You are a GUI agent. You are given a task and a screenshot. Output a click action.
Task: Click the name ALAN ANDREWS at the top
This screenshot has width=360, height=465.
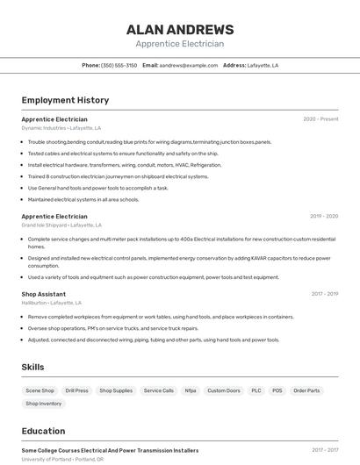[180, 29]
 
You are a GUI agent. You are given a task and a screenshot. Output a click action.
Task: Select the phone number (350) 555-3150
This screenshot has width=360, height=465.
[119, 65]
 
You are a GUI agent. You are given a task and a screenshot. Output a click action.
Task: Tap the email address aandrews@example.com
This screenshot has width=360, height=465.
[188, 65]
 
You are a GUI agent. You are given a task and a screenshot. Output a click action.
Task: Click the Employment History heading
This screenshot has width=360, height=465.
[65, 100]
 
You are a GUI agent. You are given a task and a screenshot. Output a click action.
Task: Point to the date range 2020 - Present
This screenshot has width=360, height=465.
[320, 119]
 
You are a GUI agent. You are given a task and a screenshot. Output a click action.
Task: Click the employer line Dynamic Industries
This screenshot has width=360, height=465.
[61, 128]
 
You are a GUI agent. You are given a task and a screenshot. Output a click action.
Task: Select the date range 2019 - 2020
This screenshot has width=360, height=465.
[323, 216]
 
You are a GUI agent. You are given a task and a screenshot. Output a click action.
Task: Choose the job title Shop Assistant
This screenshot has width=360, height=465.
[44, 294]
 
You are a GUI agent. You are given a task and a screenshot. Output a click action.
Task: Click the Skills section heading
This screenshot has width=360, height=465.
[32, 367]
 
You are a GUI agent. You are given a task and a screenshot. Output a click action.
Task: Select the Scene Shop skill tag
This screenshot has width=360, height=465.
[40, 390]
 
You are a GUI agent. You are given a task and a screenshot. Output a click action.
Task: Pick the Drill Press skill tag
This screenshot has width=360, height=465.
[76, 390]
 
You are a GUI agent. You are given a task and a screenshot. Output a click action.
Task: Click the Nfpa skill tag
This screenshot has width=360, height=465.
[191, 390]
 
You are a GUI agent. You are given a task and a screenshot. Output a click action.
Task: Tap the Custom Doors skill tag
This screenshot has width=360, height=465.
[223, 390]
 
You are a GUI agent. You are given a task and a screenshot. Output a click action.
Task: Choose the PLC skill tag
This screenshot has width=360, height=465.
[256, 390]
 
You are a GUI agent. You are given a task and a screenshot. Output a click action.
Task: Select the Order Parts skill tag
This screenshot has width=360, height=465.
[306, 390]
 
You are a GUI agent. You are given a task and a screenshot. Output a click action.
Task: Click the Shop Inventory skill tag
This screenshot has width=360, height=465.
[44, 404]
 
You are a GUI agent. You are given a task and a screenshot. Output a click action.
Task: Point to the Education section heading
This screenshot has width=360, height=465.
[43, 431]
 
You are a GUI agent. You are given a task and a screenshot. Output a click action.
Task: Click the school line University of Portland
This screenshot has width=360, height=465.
[62, 459]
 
